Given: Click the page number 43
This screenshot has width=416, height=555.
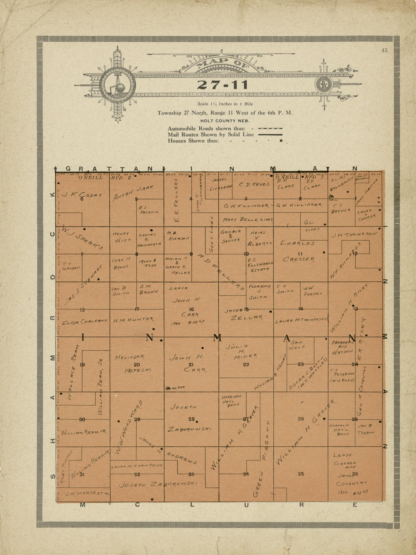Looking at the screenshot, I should (384, 50).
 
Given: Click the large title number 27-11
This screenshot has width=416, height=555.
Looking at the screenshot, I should (222, 85).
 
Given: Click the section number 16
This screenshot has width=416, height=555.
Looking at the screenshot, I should (192, 309).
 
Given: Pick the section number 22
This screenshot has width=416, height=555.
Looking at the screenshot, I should (246, 364).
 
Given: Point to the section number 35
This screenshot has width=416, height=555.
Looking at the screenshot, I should (301, 474).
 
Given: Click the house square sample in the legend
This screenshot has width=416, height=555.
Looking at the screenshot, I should (281, 140).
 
